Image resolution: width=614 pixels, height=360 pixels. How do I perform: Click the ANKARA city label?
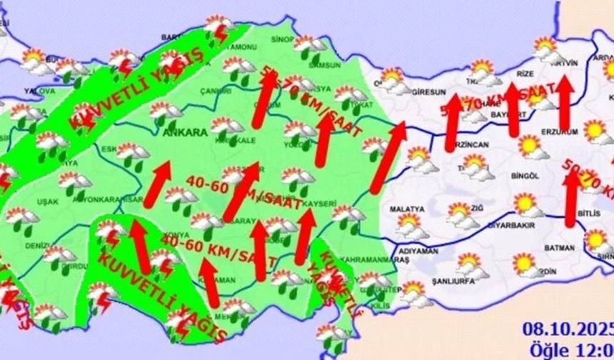(x=185, y=132)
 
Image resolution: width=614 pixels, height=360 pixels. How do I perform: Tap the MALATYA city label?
(x=407, y=209)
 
